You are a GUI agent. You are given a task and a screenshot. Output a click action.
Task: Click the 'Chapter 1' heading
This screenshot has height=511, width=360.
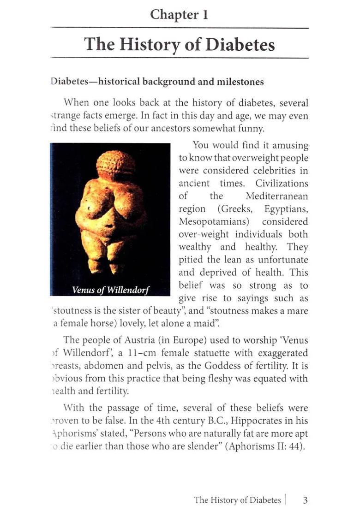click(x=179, y=15)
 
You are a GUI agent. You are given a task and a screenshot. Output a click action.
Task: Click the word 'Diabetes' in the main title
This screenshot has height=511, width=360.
click(x=240, y=45)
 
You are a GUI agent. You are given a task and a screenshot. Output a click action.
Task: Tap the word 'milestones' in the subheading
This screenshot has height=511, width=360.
click(x=240, y=82)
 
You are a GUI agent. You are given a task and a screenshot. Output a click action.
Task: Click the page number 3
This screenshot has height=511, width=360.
click(x=305, y=500)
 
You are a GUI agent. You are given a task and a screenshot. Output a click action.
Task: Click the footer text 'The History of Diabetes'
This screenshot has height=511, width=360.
click(x=237, y=500)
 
